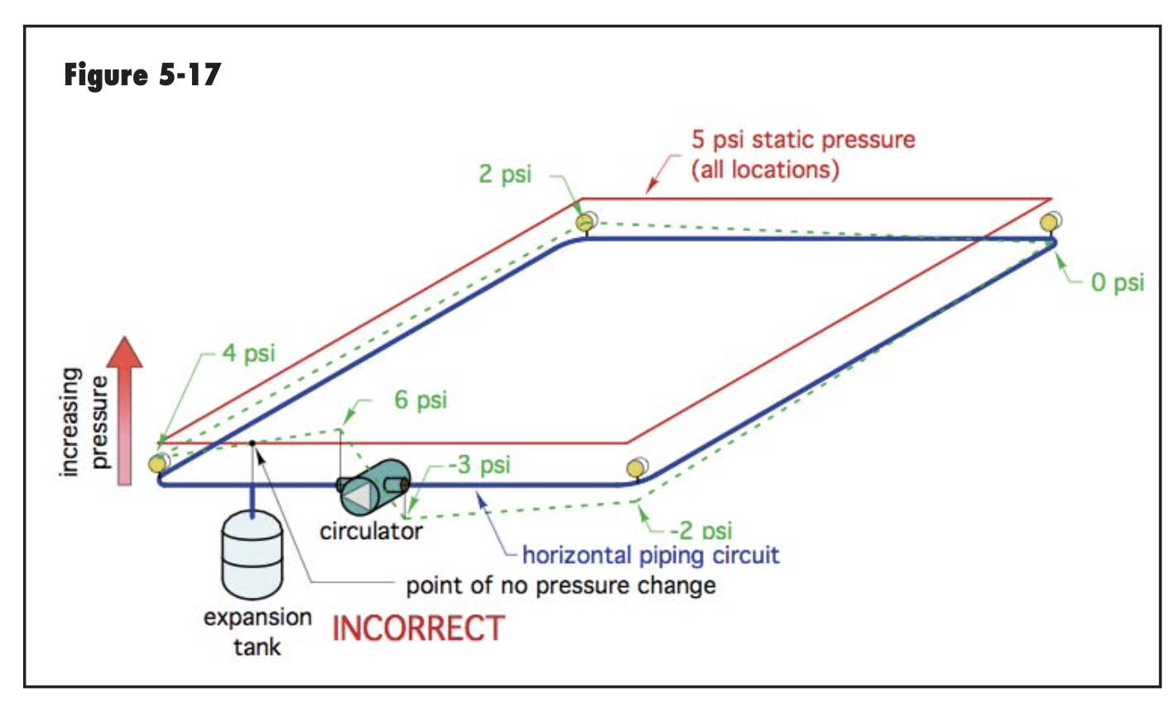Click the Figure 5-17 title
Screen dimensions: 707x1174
[142, 75]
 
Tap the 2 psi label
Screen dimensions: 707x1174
[504, 174]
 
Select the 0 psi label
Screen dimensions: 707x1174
[1117, 282]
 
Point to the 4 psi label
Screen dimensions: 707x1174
[248, 353]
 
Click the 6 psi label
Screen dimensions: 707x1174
[420, 400]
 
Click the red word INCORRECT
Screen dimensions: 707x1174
[418, 629]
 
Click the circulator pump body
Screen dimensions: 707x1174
[373, 488]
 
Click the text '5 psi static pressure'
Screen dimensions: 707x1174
[803, 139]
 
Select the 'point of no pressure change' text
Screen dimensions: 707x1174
[561, 586]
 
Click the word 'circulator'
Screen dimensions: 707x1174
[371, 531]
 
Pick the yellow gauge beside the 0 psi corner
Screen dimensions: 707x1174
[1051, 222]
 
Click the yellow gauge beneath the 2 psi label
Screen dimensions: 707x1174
[585, 222]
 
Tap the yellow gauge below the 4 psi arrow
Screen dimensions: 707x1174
[157, 463]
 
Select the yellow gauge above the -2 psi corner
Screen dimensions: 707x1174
[635, 469]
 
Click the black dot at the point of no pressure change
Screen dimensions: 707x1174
[252, 443]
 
